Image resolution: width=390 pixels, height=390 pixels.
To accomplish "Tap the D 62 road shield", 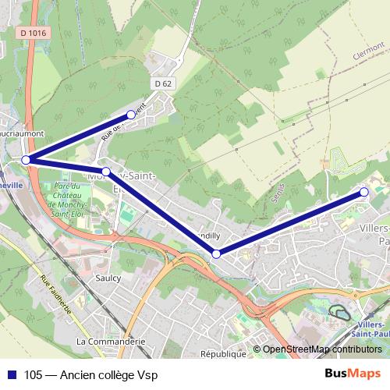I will coord(162,83).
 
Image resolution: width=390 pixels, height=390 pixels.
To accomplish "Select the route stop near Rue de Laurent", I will coord(131,115).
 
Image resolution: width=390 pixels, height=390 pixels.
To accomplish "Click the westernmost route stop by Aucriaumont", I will coord(26,160).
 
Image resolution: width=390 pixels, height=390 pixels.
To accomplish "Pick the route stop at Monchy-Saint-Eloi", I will coord(105,171).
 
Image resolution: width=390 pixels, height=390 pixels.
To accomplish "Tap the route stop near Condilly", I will coord(216,253).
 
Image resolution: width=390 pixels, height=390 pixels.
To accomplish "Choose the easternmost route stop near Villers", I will coord(363,191).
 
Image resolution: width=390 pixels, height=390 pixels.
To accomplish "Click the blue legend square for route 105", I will coord(12,375).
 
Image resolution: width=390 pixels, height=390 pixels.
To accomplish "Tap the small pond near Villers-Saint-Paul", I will coord(340,314).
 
